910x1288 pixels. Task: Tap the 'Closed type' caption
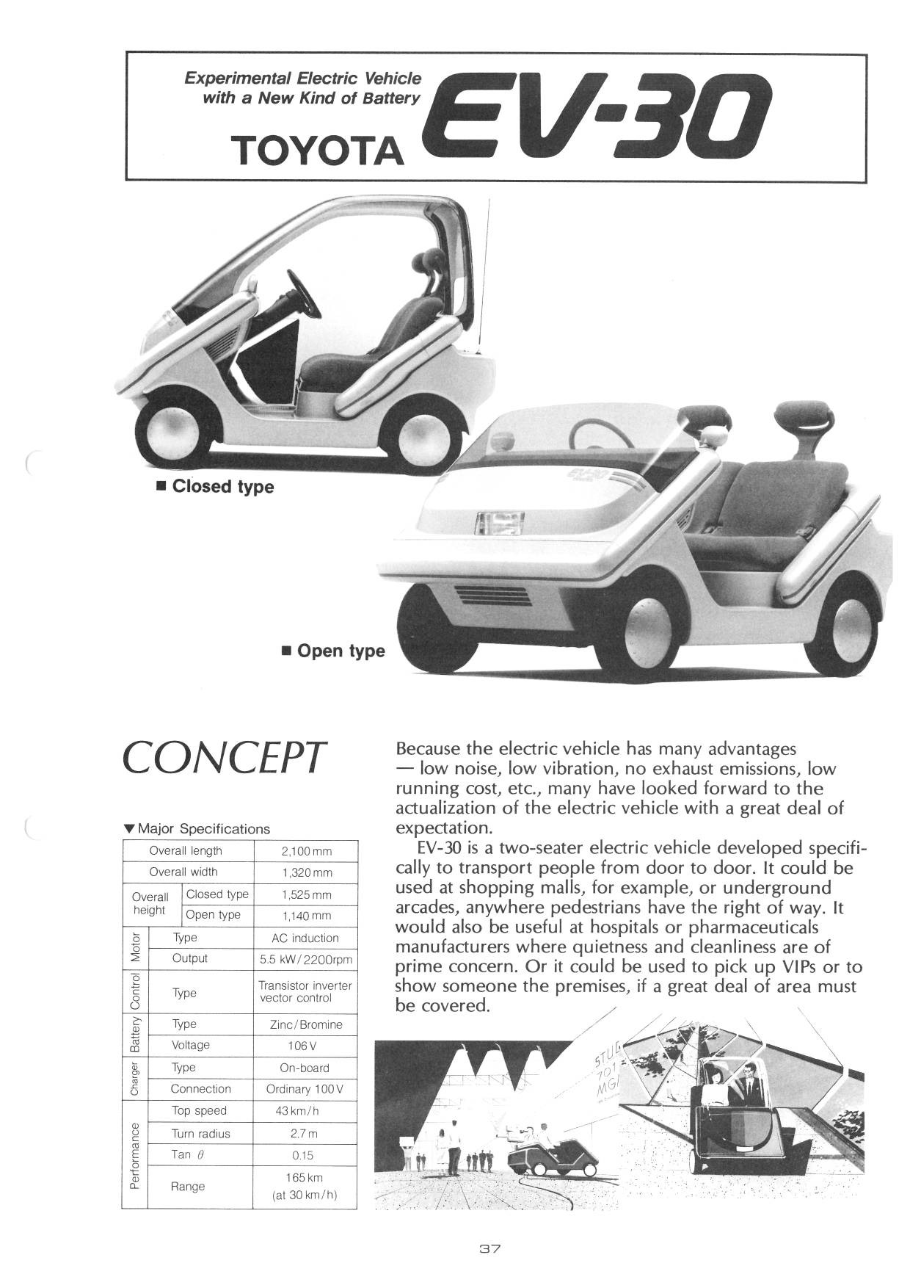tap(222, 487)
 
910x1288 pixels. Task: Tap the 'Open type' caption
tap(341, 651)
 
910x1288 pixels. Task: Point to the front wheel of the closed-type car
tap(172, 433)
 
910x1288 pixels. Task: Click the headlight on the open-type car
tap(500, 524)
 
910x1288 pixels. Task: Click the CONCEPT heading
tap(223, 758)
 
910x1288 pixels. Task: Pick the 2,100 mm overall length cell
tap(306, 852)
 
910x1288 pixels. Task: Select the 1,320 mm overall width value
tap(306, 872)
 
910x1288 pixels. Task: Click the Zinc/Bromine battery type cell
tap(306, 1024)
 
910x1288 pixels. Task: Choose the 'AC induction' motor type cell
tap(305, 938)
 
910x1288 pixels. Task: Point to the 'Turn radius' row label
tap(200, 1134)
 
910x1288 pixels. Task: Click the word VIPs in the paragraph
tap(818, 966)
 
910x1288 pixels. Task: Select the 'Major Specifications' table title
tap(203, 829)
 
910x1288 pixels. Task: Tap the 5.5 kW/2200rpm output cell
tap(306, 960)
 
